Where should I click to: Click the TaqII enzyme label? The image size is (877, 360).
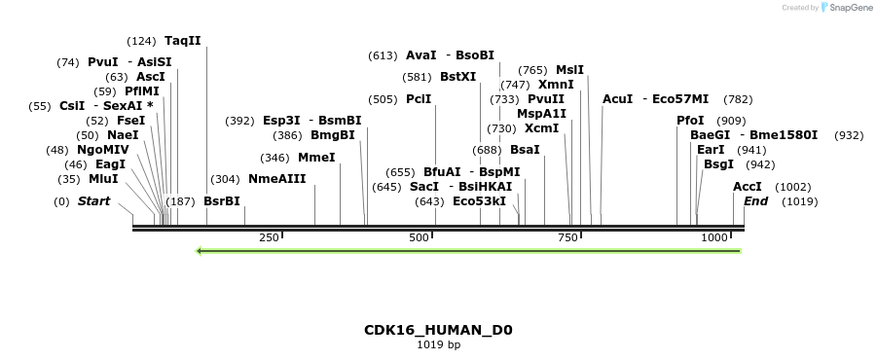183,41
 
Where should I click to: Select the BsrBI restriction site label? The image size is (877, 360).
221,201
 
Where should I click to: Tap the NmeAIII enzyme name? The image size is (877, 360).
276,179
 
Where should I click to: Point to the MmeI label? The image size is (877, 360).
316,158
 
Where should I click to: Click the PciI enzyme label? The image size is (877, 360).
419,99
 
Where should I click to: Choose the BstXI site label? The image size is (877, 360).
457,77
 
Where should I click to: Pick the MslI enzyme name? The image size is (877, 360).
569,70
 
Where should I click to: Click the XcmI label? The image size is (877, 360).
541,128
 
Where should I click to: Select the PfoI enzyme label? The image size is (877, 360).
690,121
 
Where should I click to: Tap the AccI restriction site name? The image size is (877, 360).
748,187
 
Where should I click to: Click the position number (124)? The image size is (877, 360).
141,41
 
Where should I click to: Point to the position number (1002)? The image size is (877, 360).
792,187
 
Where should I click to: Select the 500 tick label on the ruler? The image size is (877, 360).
419,237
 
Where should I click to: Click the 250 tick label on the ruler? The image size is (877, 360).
269,237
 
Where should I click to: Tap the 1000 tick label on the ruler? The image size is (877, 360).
714,237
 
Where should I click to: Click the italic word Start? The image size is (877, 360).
93,201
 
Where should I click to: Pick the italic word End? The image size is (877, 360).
756,201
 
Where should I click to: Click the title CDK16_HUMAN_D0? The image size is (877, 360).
438,330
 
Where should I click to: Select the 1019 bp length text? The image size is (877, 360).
438,344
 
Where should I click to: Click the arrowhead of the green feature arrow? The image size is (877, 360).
200,251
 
